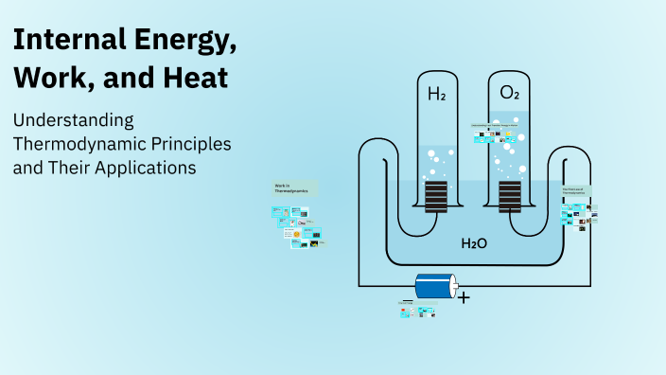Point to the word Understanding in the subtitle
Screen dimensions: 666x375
coord(73,121)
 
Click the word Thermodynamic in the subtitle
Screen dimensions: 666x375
coord(79,145)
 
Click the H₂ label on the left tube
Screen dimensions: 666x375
coord(436,94)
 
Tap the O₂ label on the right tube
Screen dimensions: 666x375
coord(509,94)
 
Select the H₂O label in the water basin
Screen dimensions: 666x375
coord(474,243)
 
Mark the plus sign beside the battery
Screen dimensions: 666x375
coord(464,296)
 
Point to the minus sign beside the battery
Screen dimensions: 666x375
coord(407,301)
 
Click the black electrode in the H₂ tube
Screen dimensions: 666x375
coord(436,197)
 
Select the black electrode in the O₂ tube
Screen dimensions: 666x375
coord(510,197)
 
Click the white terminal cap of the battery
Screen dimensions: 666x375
coord(453,286)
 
